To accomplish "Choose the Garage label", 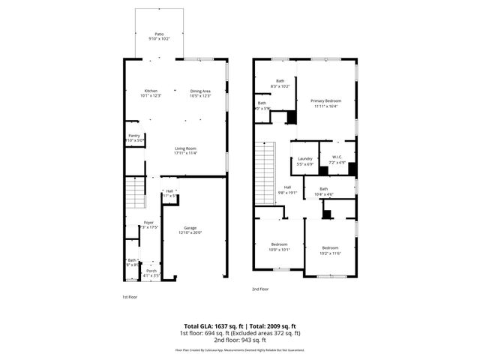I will click(190, 230).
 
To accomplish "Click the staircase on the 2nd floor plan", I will click(267, 172).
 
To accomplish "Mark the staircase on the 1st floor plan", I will click(133, 194).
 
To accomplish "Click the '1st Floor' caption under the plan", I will click(130, 297).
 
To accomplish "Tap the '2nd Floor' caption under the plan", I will click(260, 289).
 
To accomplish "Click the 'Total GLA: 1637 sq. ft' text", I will click(213, 326).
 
